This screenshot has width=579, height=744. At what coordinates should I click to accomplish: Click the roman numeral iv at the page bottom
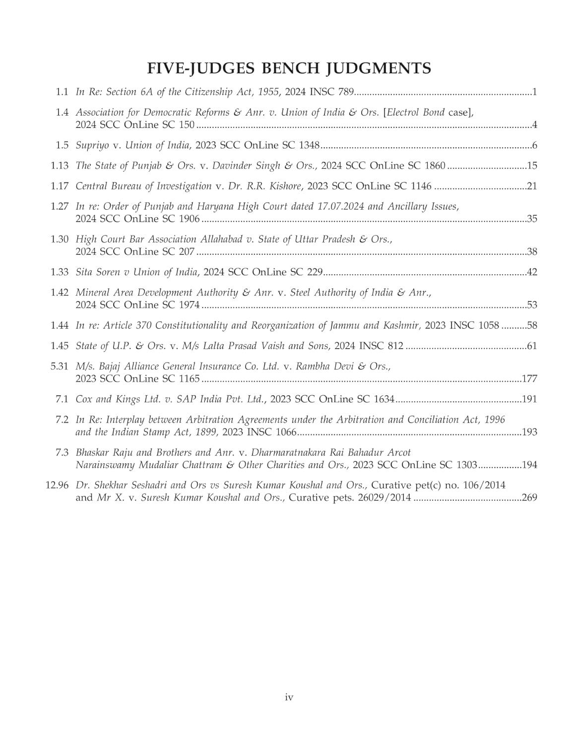pos(289,697)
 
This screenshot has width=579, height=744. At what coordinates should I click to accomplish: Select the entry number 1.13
pos(60,166)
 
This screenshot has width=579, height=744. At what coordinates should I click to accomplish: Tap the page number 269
pos(529,497)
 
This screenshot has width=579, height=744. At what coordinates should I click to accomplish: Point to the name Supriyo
pos(92,145)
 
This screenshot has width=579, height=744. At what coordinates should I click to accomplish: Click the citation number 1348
pos(309,145)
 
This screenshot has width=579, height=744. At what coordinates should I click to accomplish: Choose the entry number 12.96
pos(57,485)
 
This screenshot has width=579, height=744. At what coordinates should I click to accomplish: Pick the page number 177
pos(529,379)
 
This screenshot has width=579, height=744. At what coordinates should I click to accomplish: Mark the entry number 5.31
pos(60,367)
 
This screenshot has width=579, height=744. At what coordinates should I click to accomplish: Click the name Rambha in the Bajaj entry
pos(314,367)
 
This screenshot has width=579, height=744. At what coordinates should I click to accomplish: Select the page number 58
pos(532,325)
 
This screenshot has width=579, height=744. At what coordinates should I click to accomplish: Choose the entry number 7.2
pos(62,420)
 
